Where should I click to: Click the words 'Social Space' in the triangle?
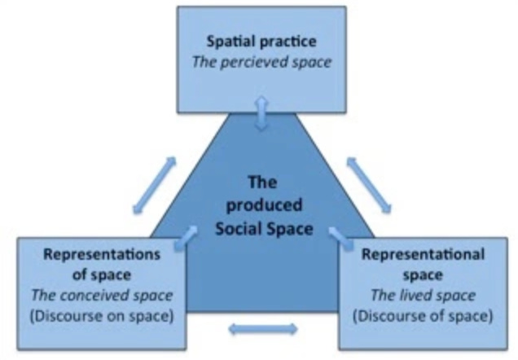263,228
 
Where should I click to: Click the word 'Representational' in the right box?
423,254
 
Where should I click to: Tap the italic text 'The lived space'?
423,296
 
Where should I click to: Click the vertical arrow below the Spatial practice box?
261,112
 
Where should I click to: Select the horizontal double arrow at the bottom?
262,330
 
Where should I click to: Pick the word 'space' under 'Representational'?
423,275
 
